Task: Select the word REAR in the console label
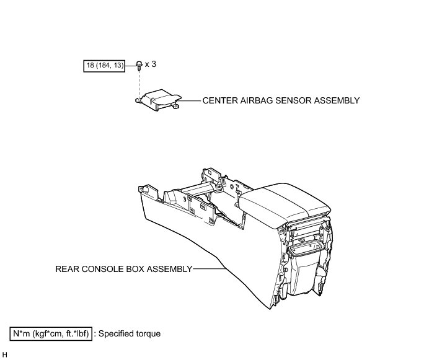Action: pos(67,269)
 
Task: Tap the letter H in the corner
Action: pos(5,354)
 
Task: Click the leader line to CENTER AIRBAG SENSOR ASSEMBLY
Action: pos(192,100)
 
